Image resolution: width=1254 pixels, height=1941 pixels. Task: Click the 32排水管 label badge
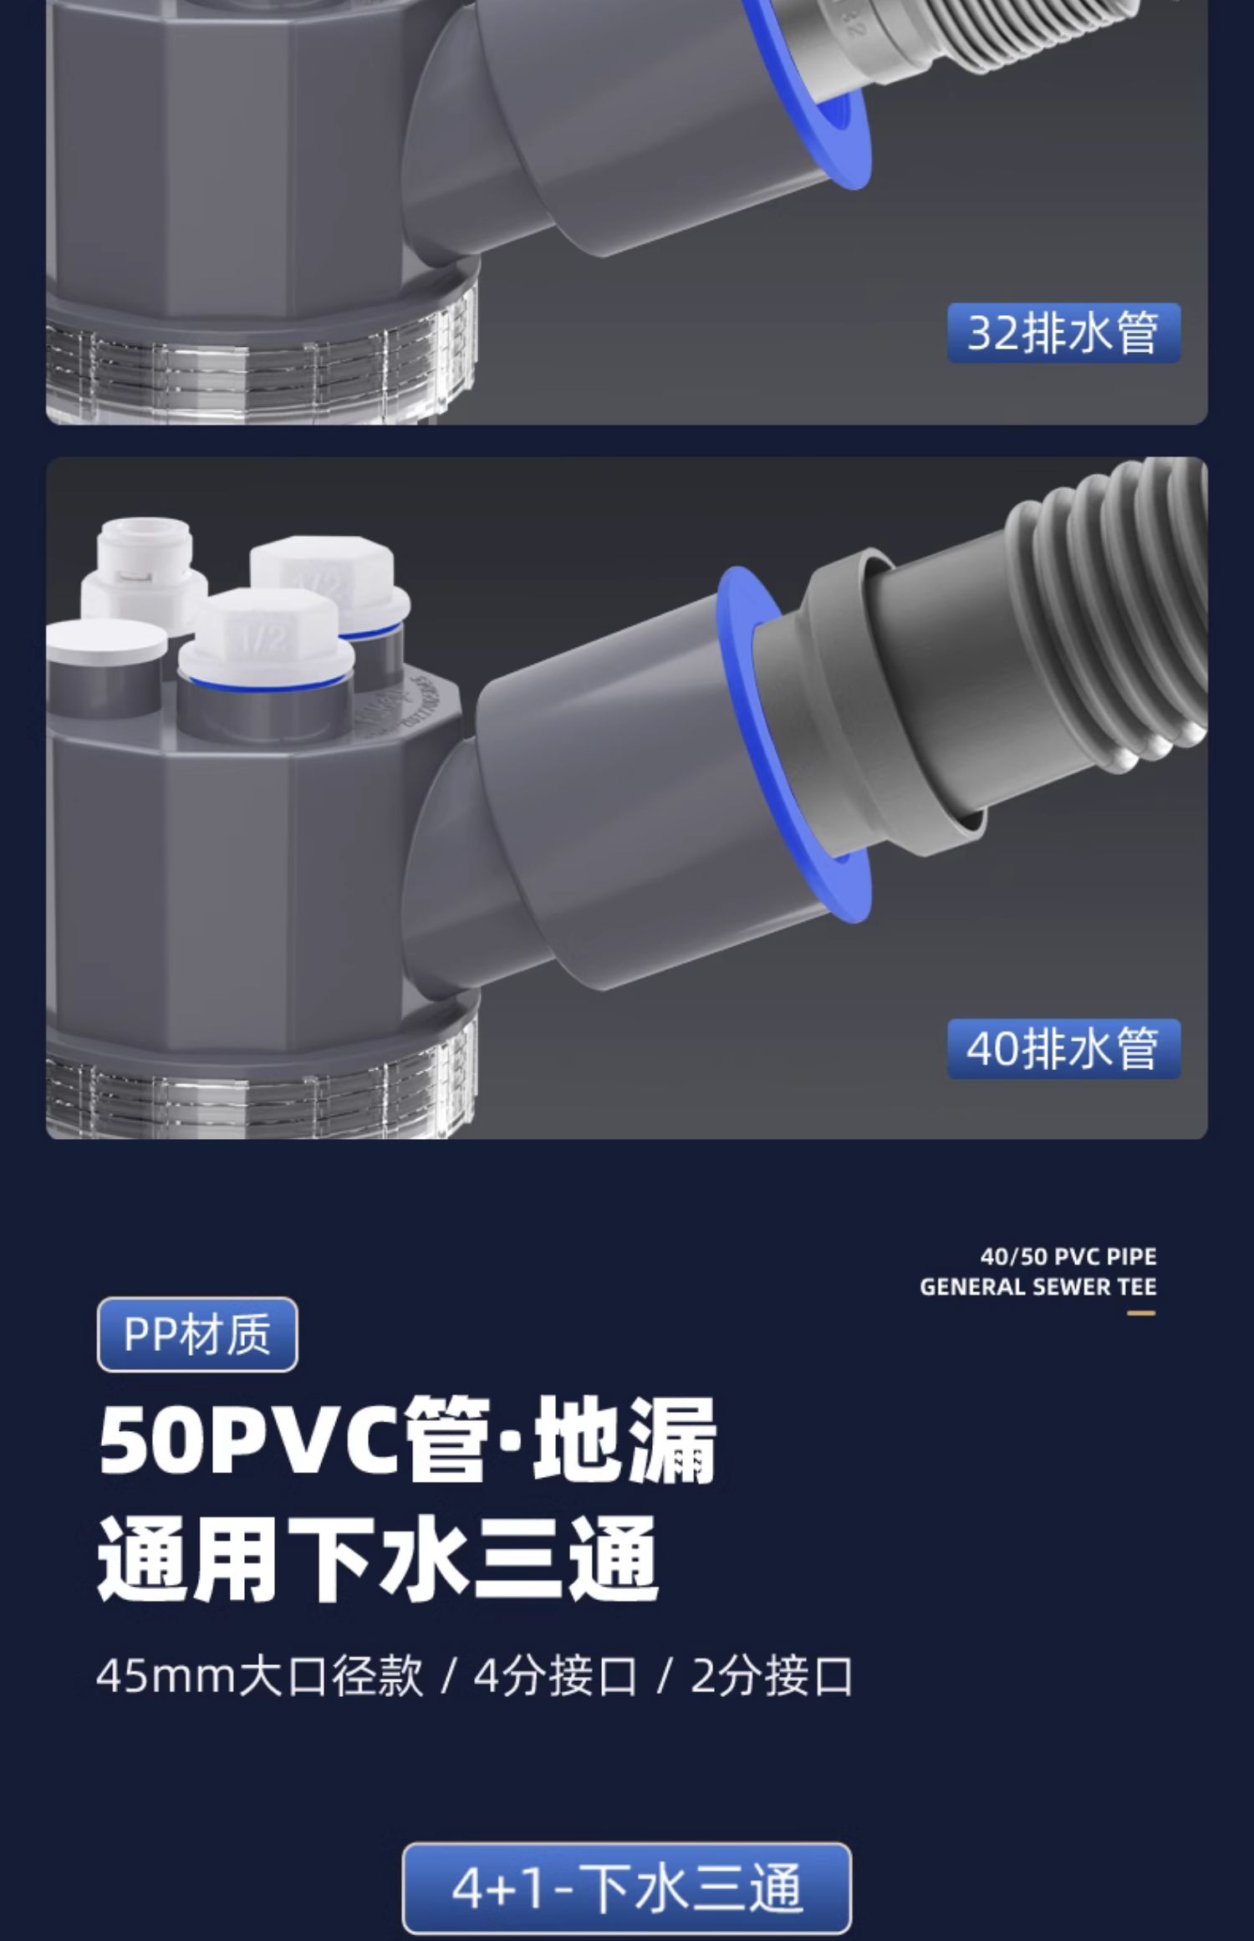click(1063, 333)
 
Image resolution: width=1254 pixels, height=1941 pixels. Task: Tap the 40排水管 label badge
click(1063, 1048)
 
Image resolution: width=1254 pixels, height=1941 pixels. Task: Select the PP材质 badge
click(197, 1334)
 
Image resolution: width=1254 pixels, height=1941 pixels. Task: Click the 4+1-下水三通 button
click(626, 1888)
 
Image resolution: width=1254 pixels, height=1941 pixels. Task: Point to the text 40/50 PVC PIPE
click(1068, 1256)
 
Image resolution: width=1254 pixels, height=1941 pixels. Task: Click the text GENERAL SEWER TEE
click(1037, 1286)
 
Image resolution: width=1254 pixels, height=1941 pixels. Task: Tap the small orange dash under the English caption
click(1140, 1313)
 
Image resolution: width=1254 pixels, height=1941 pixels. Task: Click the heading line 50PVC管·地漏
click(407, 1439)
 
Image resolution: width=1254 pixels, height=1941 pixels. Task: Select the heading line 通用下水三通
click(378, 1560)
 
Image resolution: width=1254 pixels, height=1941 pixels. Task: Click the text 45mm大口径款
click(259, 1676)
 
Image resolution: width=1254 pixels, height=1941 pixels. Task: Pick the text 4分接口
click(555, 1676)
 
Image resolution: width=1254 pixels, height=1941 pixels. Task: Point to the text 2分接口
click(771, 1676)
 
